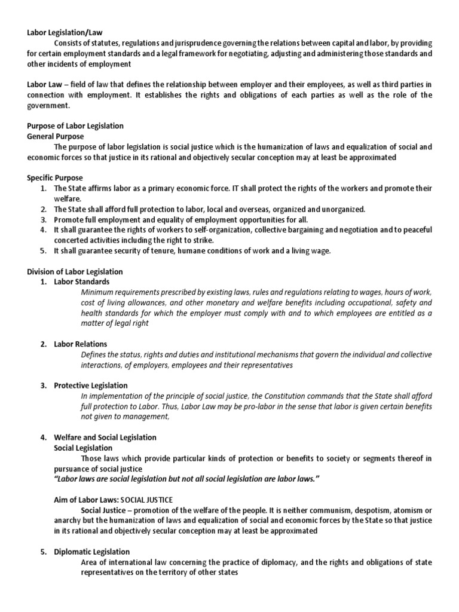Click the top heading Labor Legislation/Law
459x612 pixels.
click(61, 33)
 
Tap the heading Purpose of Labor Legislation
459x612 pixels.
click(75, 126)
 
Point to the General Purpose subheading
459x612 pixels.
click(56, 136)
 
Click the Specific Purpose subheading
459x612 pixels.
click(55, 178)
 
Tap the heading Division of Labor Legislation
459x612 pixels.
click(75, 271)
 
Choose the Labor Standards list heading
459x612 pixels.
click(82, 281)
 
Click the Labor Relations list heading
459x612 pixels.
click(81, 344)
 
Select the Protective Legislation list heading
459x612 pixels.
click(91, 385)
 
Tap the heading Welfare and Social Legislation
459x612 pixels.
click(105, 437)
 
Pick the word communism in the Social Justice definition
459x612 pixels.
click(314, 510)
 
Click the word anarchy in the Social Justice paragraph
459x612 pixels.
click(40, 521)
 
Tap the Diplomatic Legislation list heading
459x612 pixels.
click(91, 552)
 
